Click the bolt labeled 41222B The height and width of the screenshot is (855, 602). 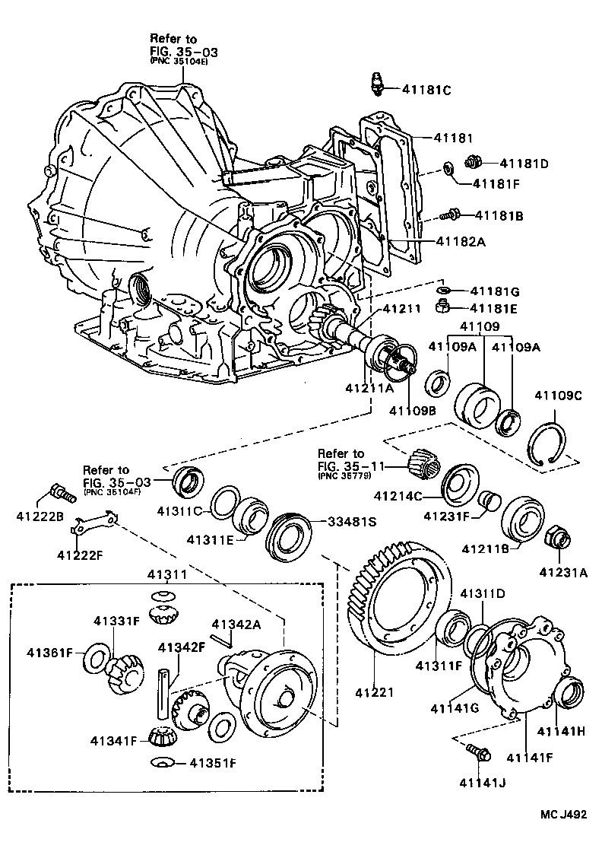(x=62, y=491)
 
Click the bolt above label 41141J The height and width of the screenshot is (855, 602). (x=479, y=753)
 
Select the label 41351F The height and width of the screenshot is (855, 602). (x=214, y=761)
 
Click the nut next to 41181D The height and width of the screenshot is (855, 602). (x=472, y=161)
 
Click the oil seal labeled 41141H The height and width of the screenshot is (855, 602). (x=569, y=694)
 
